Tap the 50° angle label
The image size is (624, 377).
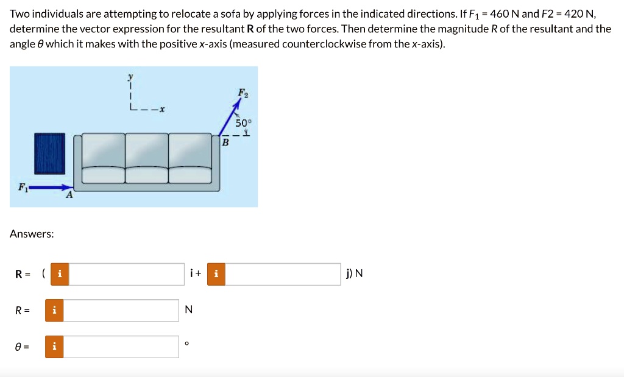click(243, 123)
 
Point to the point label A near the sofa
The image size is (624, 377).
click(69, 196)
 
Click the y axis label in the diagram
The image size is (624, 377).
click(129, 77)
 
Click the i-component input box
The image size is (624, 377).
click(127, 273)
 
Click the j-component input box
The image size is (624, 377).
click(283, 273)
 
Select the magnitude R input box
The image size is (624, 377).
click(121, 310)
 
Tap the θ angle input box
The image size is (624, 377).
click(121, 347)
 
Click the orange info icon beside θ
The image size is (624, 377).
click(54, 347)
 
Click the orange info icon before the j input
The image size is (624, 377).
click(216, 273)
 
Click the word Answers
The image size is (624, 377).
click(32, 234)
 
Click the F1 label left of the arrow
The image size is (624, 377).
click(23, 187)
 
